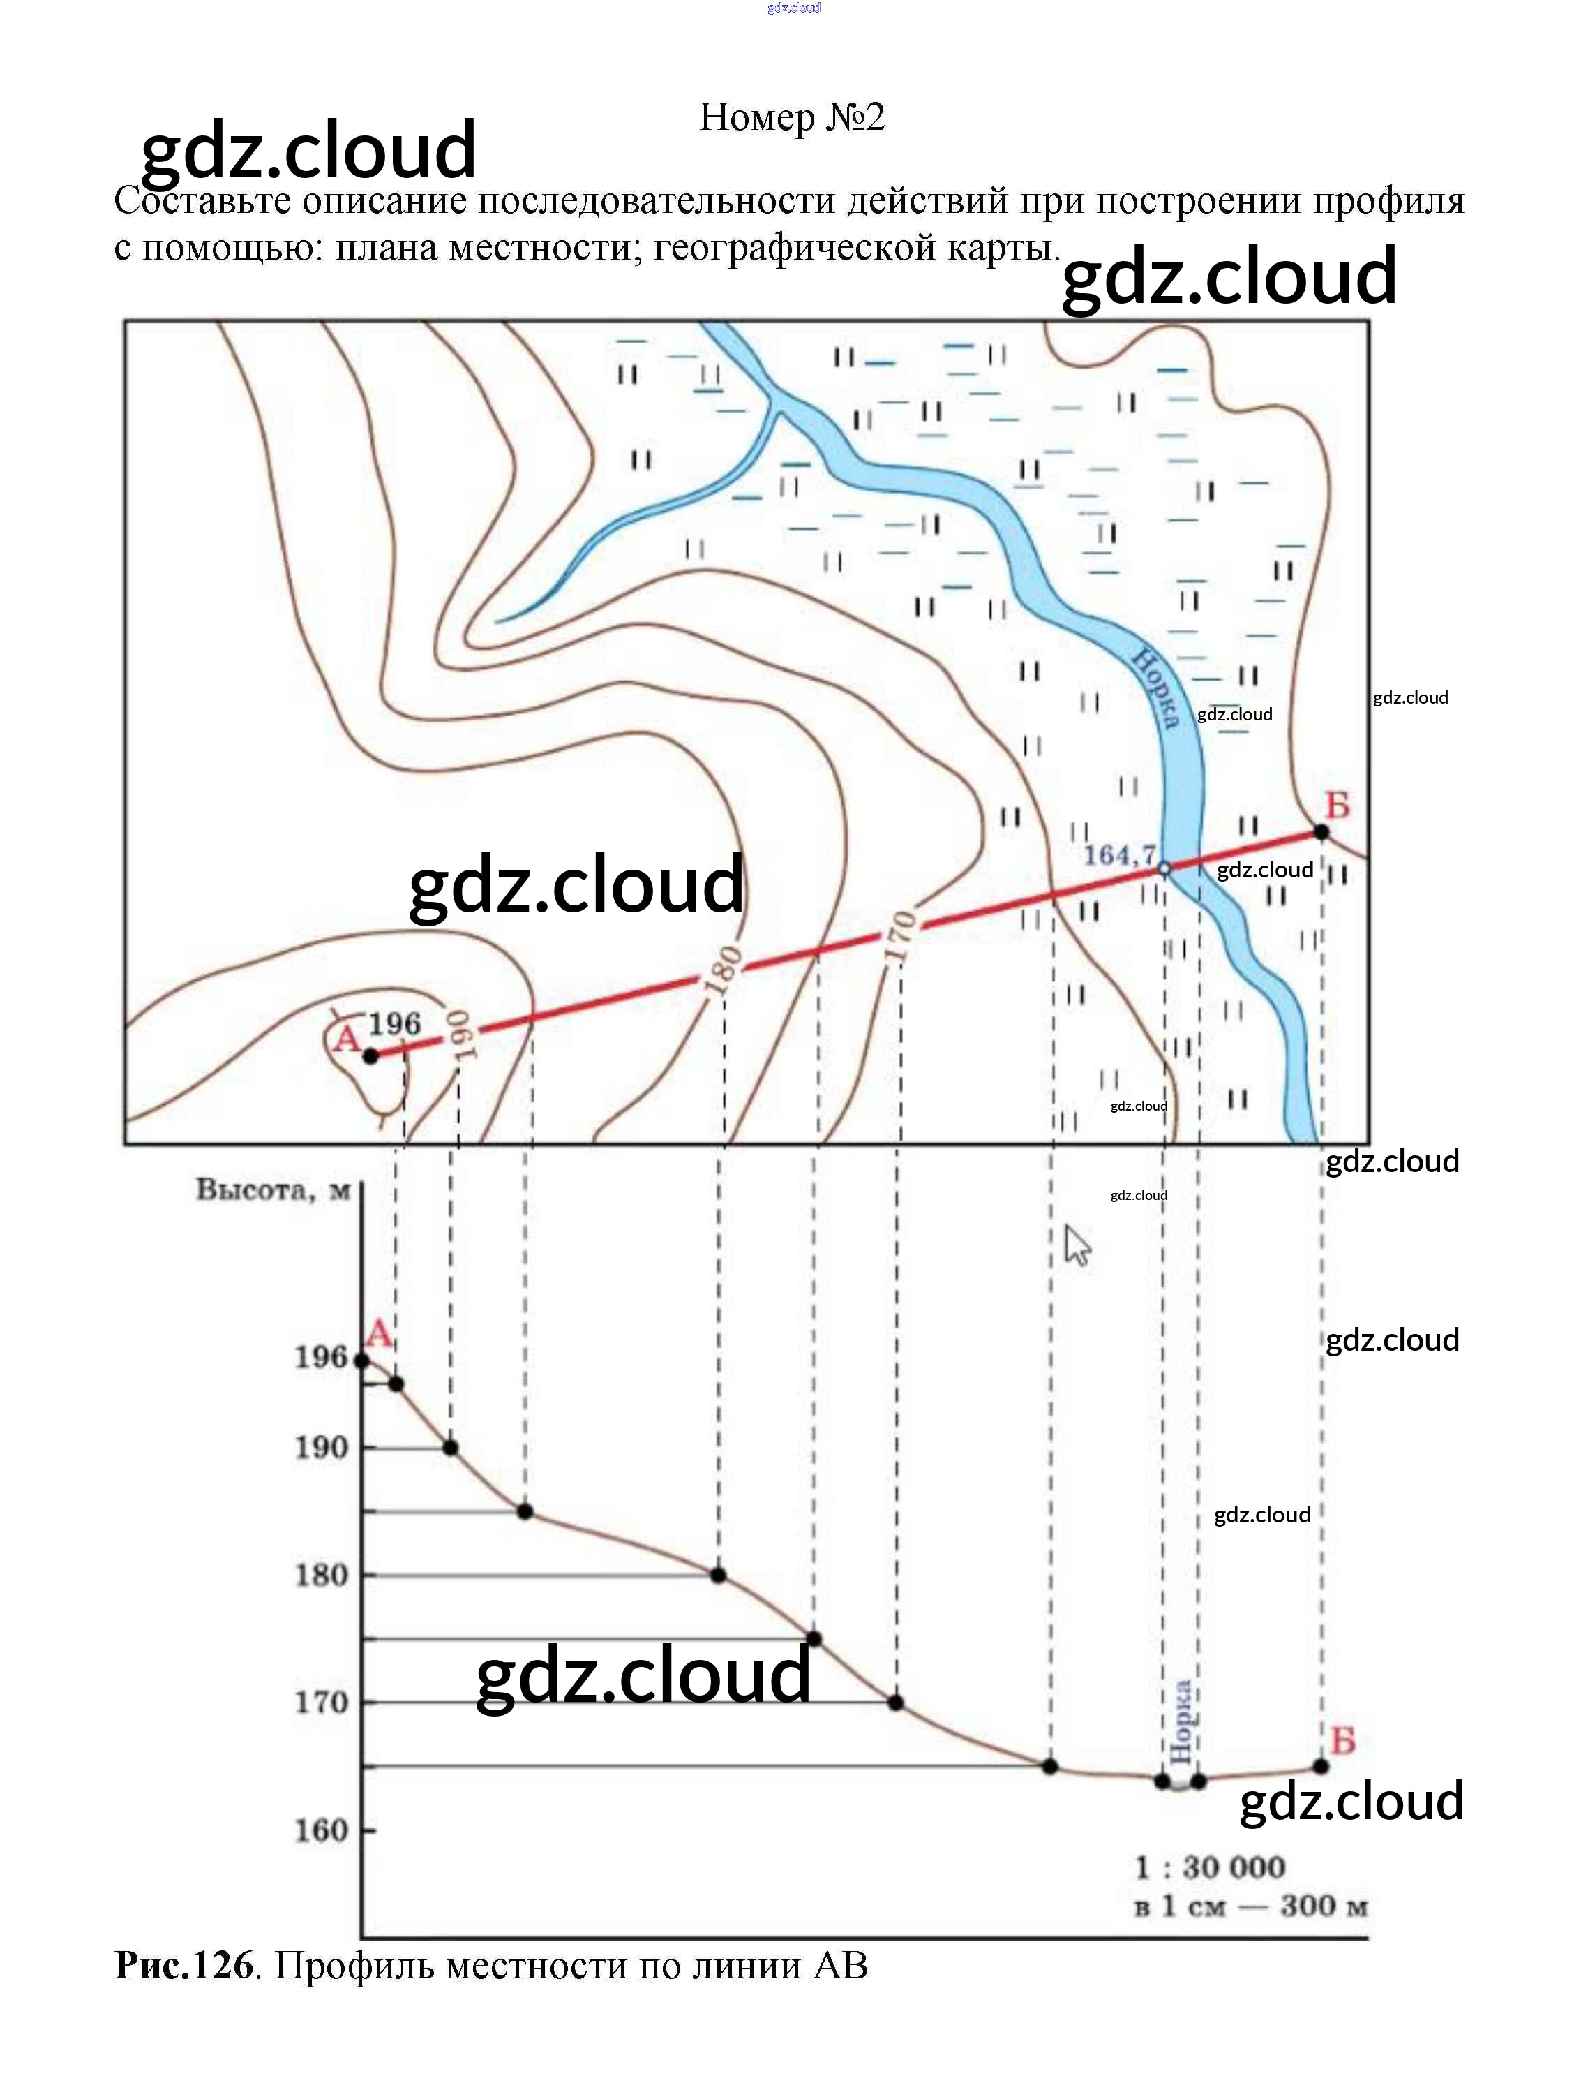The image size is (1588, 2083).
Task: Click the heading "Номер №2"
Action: click(x=792, y=117)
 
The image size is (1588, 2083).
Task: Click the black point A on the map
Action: click(x=371, y=1056)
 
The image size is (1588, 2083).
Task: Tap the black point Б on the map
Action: click(x=1321, y=832)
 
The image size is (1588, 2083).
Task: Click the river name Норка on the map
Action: click(x=1156, y=688)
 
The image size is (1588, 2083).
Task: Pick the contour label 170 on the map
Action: click(x=900, y=936)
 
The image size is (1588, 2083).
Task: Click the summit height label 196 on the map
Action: click(x=394, y=1023)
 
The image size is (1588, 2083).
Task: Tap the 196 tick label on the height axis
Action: click(x=322, y=1358)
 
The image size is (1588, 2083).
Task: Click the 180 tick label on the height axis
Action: click(x=322, y=1576)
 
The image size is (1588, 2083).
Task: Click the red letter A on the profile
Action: click(x=378, y=1334)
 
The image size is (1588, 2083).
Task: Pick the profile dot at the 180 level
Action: click(x=719, y=1576)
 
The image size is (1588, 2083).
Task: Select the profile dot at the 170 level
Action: click(x=896, y=1703)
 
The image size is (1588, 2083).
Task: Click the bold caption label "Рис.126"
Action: click(x=184, y=1965)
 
